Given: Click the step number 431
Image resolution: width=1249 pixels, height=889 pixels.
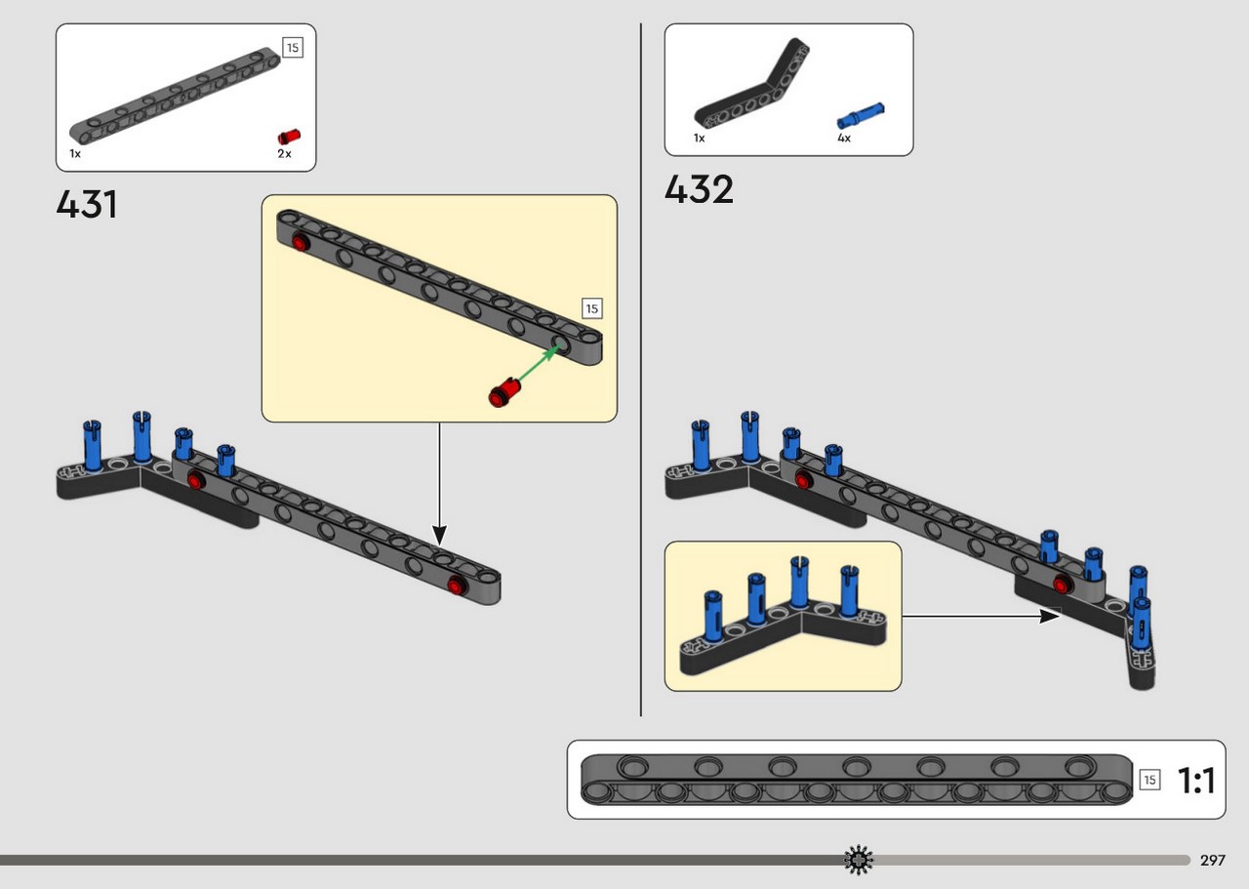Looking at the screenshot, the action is tap(87, 204).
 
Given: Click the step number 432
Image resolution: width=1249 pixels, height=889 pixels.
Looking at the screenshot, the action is tap(699, 189).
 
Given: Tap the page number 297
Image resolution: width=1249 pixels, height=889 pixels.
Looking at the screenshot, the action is tap(1213, 860).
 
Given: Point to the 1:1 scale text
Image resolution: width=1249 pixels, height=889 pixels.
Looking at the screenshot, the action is tap(1196, 780).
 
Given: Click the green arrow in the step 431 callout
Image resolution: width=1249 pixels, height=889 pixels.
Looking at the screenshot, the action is tap(539, 363).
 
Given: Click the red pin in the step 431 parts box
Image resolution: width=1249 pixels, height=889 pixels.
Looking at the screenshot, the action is tap(289, 137).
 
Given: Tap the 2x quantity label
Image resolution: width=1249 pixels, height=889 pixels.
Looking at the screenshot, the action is tap(284, 154).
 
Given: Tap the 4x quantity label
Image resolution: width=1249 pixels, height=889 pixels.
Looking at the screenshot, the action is tap(844, 138).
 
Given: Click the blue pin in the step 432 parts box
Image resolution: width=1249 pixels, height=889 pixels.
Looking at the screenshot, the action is tap(861, 116).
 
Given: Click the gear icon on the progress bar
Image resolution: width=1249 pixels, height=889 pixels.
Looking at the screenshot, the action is tap(859, 860).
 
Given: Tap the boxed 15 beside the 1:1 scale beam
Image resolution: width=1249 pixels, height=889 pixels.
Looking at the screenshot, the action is tap(1149, 779).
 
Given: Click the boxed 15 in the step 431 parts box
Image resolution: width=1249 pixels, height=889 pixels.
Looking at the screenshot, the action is tap(293, 48).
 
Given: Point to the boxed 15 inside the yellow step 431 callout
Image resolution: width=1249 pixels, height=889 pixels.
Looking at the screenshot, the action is tap(592, 308).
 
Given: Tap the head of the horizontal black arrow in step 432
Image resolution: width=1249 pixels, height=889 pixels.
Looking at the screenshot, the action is tap(1050, 617).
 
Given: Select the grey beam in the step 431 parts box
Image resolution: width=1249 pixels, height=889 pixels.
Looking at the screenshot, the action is tap(175, 96).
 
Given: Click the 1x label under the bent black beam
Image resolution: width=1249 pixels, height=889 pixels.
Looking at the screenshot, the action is tap(700, 138).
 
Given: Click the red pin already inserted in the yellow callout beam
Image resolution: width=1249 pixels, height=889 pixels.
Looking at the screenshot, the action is tap(301, 243).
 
